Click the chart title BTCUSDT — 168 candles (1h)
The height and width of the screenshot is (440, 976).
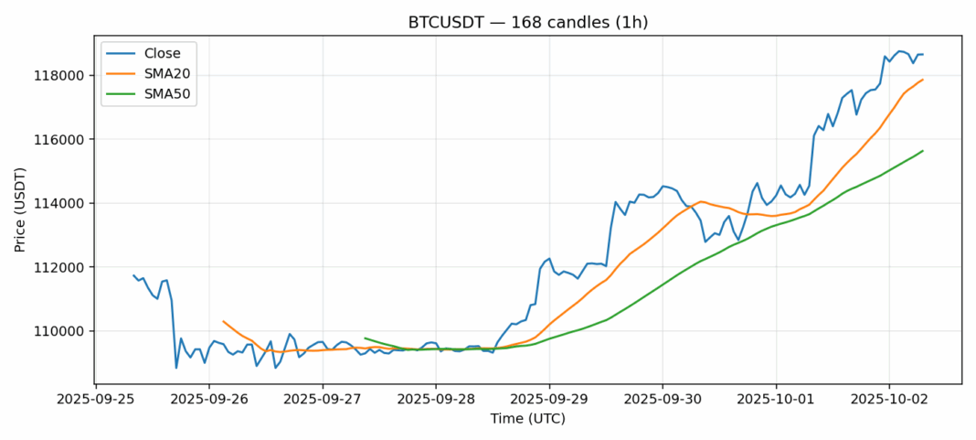527,22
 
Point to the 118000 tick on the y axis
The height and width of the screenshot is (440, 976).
65,76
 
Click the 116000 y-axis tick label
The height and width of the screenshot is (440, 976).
65,140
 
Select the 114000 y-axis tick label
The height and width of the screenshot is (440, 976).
65,203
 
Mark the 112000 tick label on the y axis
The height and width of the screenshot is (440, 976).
65,267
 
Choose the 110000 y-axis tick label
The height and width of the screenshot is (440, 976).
65,331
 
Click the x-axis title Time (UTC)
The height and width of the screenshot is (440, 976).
527,419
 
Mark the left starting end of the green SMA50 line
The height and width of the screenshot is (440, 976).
365,338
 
